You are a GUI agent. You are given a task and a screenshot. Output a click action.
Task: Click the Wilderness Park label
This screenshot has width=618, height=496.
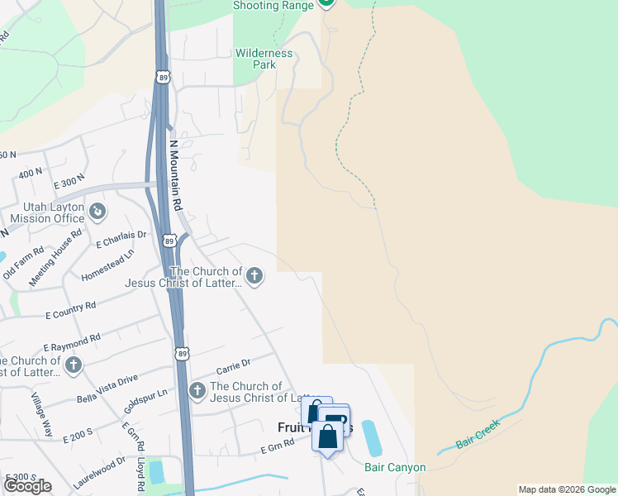pyautogui.click(x=264, y=59)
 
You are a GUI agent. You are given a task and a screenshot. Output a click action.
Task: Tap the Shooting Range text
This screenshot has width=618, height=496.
pyautogui.click(x=273, y=6)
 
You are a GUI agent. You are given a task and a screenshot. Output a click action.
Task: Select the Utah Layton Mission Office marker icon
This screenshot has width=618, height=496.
pyautogui.click(x=97, y=212)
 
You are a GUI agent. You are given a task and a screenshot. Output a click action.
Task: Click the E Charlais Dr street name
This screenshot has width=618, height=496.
pyautogui.click(x=121, y=240)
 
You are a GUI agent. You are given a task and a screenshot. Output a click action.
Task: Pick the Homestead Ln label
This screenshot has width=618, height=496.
pyautogui.click(x=108, y=267)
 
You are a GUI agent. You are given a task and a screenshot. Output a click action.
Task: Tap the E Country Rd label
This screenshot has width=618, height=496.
pyautogui.click(x=70, y=310)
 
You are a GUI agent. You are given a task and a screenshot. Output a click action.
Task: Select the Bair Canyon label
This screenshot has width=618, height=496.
pyautogui.click(x=395, y=467)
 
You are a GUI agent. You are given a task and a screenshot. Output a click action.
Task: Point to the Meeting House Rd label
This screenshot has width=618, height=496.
pyautogui.click(x=65, y=245)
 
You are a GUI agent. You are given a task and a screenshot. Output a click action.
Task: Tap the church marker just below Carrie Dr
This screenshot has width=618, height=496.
pyautogui.click(x=197, y=391)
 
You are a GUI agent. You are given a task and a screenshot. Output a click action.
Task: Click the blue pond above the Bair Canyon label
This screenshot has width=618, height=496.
pyautogui.click(x=371, y=438)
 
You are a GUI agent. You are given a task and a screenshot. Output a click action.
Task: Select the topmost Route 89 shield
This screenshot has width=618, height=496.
pyautogui.click(x=162, y=77)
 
